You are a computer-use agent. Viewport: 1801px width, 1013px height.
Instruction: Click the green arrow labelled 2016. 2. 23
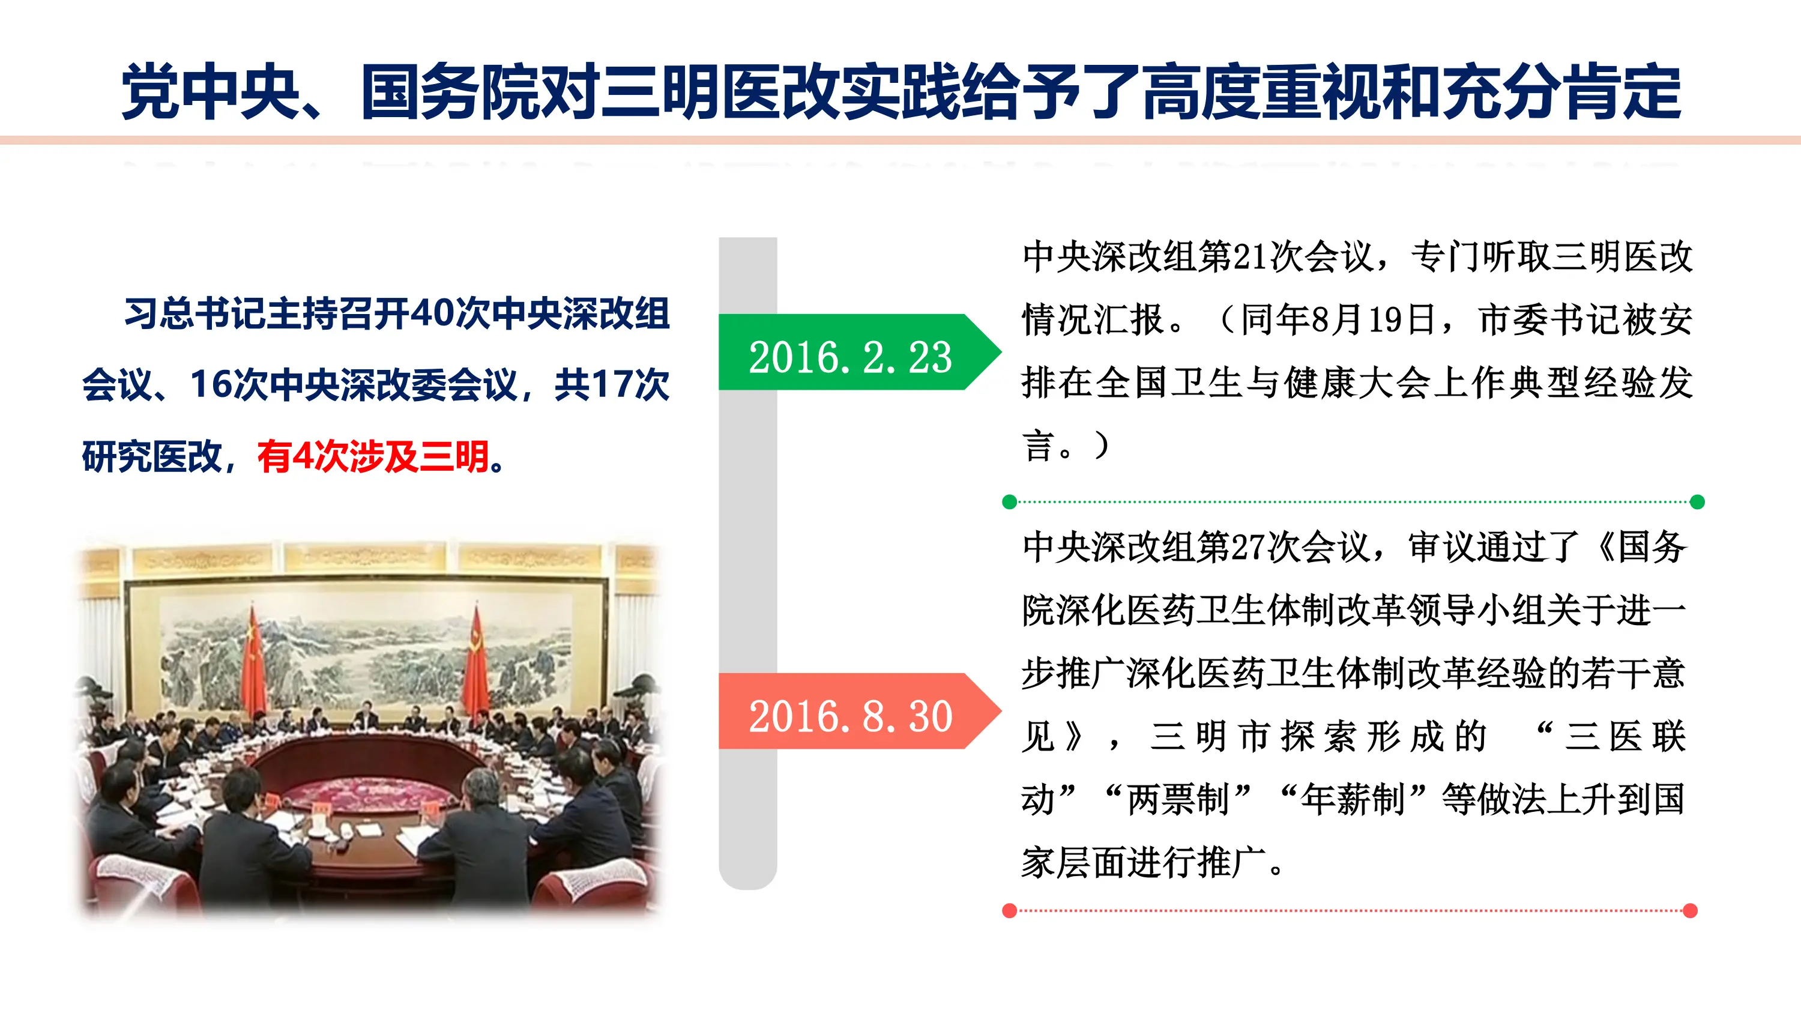coord(850,353)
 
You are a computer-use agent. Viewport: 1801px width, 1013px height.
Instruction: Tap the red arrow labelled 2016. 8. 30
coord(850,712)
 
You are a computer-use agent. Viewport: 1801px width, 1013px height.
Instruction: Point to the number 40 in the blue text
coord(432,314)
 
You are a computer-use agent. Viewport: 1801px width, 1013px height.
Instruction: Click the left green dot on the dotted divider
coord(1009,502)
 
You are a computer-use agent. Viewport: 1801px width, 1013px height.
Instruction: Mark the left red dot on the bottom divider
coord(1009,910)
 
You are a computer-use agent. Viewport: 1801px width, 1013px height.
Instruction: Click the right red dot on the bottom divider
coord(1691,910)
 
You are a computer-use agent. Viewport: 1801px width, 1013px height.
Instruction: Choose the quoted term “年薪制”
coord(1352,799)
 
